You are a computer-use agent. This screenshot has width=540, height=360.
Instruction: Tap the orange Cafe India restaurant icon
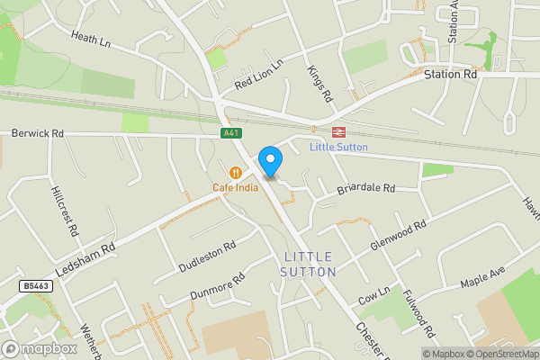(236, 172)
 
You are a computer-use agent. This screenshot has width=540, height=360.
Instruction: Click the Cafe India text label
(236, 187)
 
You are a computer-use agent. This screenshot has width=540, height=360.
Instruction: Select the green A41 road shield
(230, 132)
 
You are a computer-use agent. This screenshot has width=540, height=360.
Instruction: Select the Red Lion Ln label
(258, 73)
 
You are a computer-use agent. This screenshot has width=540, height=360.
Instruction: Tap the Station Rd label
(450, 75)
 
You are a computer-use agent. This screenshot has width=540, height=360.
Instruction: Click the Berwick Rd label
(38, 133)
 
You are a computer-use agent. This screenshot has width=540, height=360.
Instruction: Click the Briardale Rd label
(365, 189)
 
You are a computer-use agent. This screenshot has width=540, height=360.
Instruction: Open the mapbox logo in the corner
(40, 348)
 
